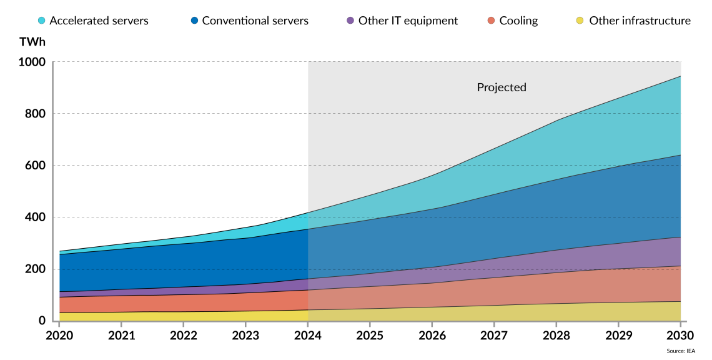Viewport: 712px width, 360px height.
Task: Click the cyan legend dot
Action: (x=41, y=20)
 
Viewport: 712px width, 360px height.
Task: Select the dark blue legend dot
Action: (x=194, y=20)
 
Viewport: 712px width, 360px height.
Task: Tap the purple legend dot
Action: (x=350, y=20)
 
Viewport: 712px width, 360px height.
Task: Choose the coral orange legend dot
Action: (x=491, y=20)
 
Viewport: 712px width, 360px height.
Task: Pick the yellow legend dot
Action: (x=580, y=20)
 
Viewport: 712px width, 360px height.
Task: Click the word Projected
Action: (x=501, y=87)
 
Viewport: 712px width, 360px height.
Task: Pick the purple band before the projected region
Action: (x=187, y=291)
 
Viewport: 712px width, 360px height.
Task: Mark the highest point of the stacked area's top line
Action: (x=680, y=76)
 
